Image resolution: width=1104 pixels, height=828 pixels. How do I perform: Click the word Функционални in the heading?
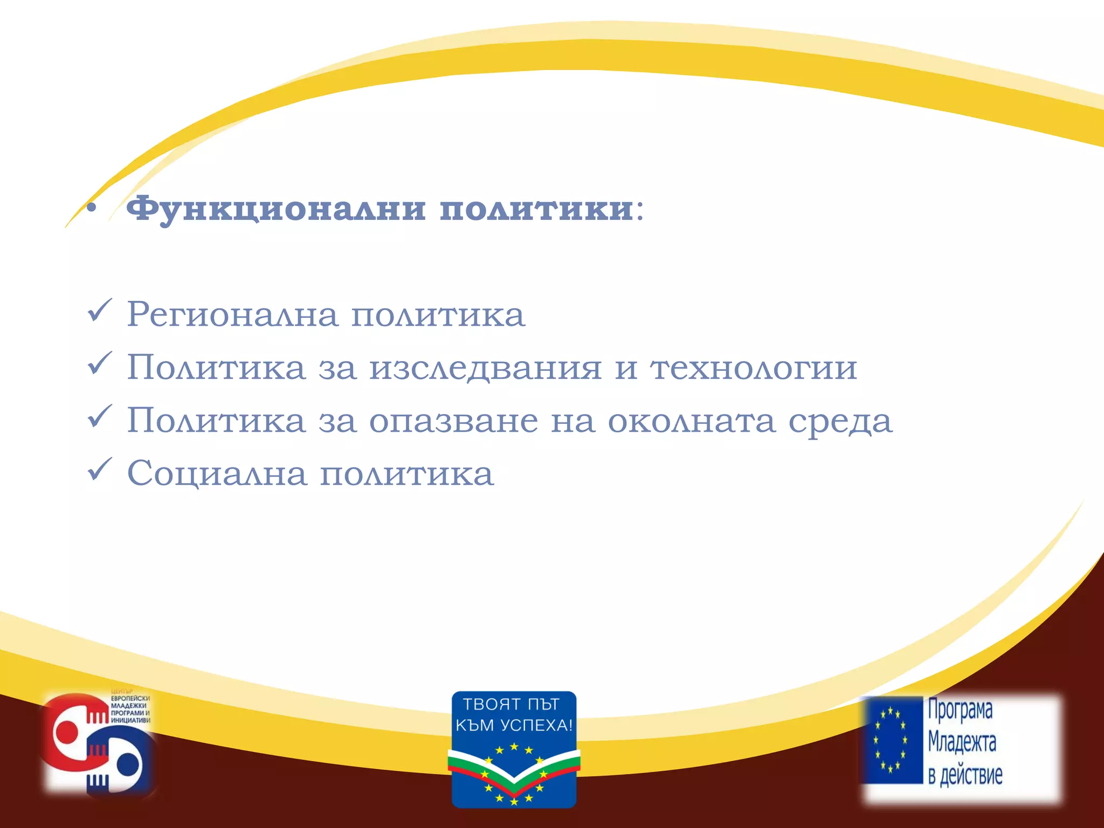point(275,209)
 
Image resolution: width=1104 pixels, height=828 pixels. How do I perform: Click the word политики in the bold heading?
point(536,209)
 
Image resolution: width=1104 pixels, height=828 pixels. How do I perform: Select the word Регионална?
point(232,314)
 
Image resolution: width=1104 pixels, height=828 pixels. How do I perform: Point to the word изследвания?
point(485,368)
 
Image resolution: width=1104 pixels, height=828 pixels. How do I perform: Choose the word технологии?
point(754,368)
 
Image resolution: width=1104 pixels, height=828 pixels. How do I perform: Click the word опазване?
point(453,421)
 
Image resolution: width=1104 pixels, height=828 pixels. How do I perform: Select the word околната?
point(692,421)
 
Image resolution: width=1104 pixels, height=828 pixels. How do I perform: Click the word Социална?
point(217,474)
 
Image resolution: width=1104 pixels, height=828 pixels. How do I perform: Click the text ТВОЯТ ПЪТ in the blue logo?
point(511,705)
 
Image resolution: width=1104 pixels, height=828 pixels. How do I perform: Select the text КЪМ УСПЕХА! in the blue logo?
point(514,726)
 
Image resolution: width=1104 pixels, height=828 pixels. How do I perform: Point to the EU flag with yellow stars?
point(891,740)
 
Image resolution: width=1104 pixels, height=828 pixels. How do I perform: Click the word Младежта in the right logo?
point(962,742)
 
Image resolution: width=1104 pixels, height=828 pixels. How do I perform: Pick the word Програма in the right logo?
point(960,709)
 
